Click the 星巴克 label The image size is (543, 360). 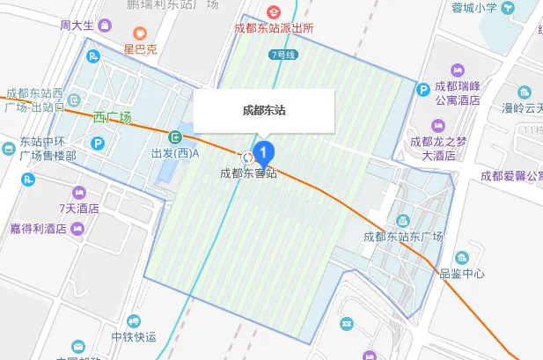(140, 50)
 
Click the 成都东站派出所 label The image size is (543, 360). (274, 28)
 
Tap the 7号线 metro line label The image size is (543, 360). (283, 55)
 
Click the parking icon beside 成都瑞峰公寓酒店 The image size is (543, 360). (423, 88)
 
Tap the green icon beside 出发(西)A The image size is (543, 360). (176, 137)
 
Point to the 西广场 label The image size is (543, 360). (112, 117)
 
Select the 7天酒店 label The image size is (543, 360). (79, 209)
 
